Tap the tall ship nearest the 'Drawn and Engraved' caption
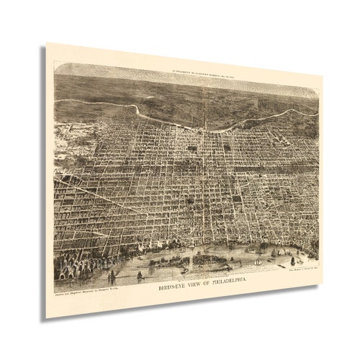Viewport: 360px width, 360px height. pos(111,276)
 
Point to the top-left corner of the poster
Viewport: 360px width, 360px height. pos(48,44)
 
